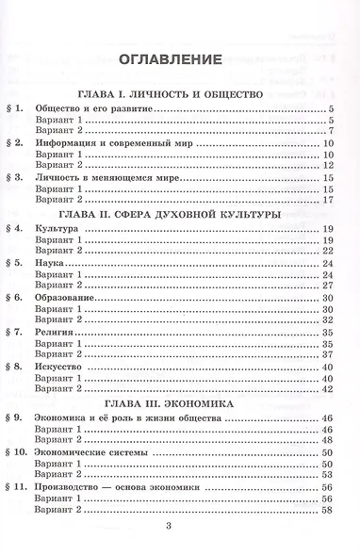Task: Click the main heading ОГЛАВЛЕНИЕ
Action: pos(171,61)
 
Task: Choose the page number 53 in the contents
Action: pos(328,475)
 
